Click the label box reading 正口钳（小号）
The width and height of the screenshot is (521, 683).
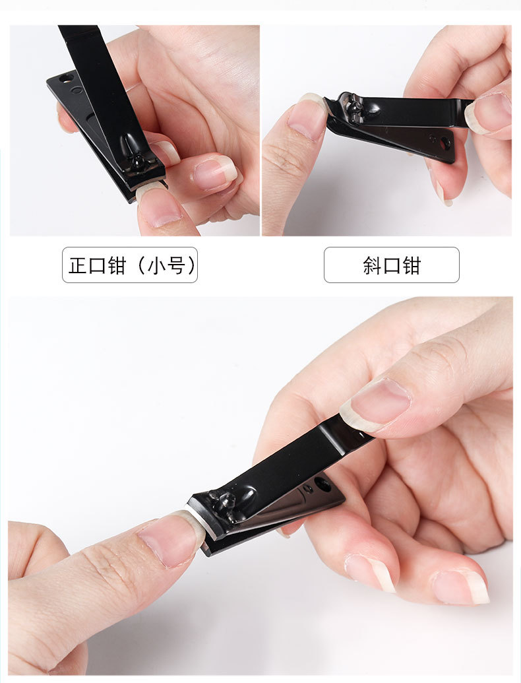point(130,265)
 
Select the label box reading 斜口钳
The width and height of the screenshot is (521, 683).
point(391,265)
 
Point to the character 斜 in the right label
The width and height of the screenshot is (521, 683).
point(372,265)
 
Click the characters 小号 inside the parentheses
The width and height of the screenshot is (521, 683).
point(166,265)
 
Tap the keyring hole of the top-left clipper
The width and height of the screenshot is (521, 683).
point(67,79)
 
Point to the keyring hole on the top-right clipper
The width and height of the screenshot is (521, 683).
point(445,143)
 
